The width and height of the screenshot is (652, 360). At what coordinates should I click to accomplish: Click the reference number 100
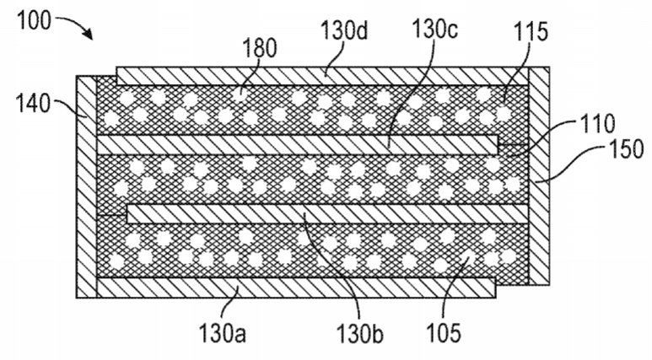pos(34,20)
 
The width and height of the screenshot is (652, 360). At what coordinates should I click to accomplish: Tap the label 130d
pos(344,30)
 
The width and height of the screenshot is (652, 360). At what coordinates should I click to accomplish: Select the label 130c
pos(434,30)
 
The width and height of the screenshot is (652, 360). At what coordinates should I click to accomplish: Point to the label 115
pos(531,31)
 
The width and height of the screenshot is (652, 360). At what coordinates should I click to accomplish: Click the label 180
pos(259,48)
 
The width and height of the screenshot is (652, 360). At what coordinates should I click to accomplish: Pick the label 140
pos(33,103)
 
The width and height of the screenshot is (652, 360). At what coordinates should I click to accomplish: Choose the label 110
pos(597,123)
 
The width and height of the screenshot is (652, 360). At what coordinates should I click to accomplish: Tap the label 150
pos(626,149)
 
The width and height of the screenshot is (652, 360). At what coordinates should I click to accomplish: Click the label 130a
pos(223,332)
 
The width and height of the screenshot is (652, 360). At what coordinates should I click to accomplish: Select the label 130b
pos(360,332)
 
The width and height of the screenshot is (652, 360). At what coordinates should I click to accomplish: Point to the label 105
pos(444,332)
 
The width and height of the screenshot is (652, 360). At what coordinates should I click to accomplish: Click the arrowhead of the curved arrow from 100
pos(89,35)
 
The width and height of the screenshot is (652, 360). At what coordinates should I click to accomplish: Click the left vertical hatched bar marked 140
pos(87,186)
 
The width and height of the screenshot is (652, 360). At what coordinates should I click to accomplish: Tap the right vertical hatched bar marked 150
pos(539,176)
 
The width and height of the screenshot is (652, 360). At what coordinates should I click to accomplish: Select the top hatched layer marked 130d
pos(322,76)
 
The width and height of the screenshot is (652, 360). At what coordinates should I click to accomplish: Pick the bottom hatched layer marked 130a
pos(296,287)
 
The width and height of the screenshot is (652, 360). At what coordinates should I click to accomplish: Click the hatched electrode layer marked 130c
pos(297,145)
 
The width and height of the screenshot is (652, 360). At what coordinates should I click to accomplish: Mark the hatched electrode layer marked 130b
pos(327,214)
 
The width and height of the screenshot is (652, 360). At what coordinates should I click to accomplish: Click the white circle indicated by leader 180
pos(239,94)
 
